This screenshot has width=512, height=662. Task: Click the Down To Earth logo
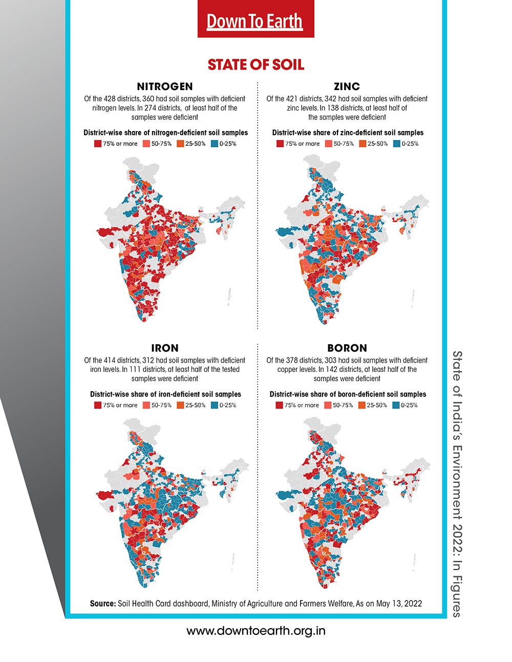[255, 21]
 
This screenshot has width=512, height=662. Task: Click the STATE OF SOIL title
[255, 65]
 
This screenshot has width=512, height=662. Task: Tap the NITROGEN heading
[165, 86]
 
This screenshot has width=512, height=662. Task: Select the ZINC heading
[347, 86]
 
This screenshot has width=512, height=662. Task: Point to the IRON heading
[165, 348]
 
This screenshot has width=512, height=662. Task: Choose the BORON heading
[347, 348]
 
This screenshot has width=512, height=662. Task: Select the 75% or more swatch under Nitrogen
[97, 144]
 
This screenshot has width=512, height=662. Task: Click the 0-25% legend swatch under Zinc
[397, 144]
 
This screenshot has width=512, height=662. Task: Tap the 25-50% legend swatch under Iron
[180, 405]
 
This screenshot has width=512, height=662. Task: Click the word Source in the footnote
[102, 604]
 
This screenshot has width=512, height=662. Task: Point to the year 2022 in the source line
[413, 604]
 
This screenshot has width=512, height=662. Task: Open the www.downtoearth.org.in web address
[255, 631]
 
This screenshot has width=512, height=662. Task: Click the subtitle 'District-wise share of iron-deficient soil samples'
[165, 394]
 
